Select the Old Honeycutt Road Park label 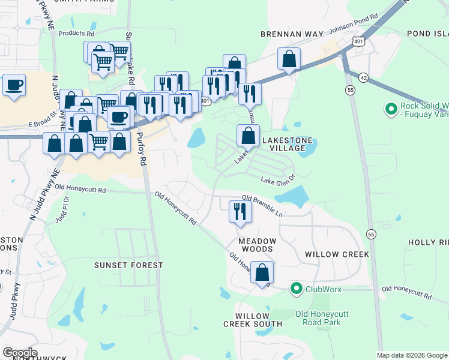[318, 317]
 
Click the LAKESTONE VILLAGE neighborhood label [288, 145]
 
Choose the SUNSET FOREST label [128, 265]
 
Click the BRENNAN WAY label [292, 35]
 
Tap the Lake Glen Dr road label [279, 178]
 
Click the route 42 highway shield [363, 77]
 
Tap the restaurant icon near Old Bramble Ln [239, 211]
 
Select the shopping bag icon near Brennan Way [289, 59]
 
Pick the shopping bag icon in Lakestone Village [248, 136]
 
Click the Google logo [20, 353]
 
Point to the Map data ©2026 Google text [412, 355]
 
